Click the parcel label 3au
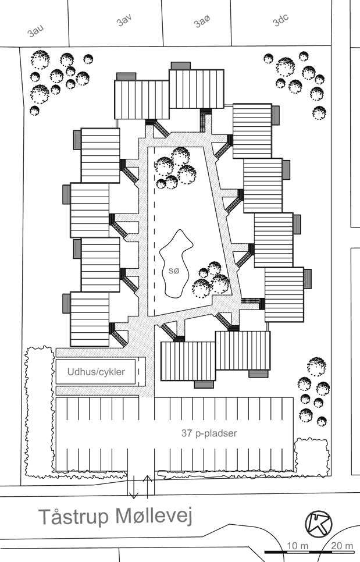[x=36, y=31]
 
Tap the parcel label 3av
[x=123, y=21]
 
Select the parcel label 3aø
[x=202, y=22]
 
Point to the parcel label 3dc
[x=281, y=20]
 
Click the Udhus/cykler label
[x=96, y=372]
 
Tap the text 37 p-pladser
[x=209, y=433]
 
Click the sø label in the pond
[x=173, y=271]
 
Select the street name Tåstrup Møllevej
[x=115, y=517]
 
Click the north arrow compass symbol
[x=319, y=524]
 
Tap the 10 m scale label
[x=298, y=546]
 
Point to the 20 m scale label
[x=342, y=546]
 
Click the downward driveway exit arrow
[x=134, y=487]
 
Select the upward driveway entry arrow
[x=148, y=487]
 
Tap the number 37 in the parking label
[x=187, y=433]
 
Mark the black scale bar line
[x=309, y=552]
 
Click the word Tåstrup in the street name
[x=73, y=517]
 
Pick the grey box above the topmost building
[x=180, y=66]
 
